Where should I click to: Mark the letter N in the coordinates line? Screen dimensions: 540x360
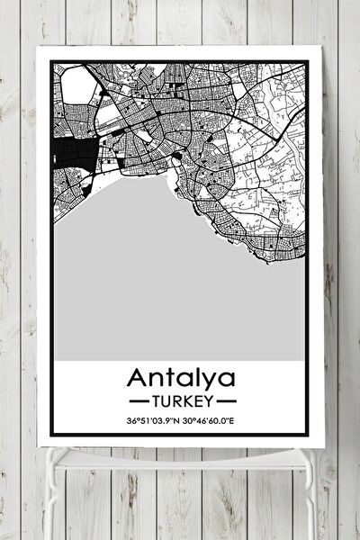click(178, 420)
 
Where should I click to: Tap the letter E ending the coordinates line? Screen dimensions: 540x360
click(242, 420)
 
